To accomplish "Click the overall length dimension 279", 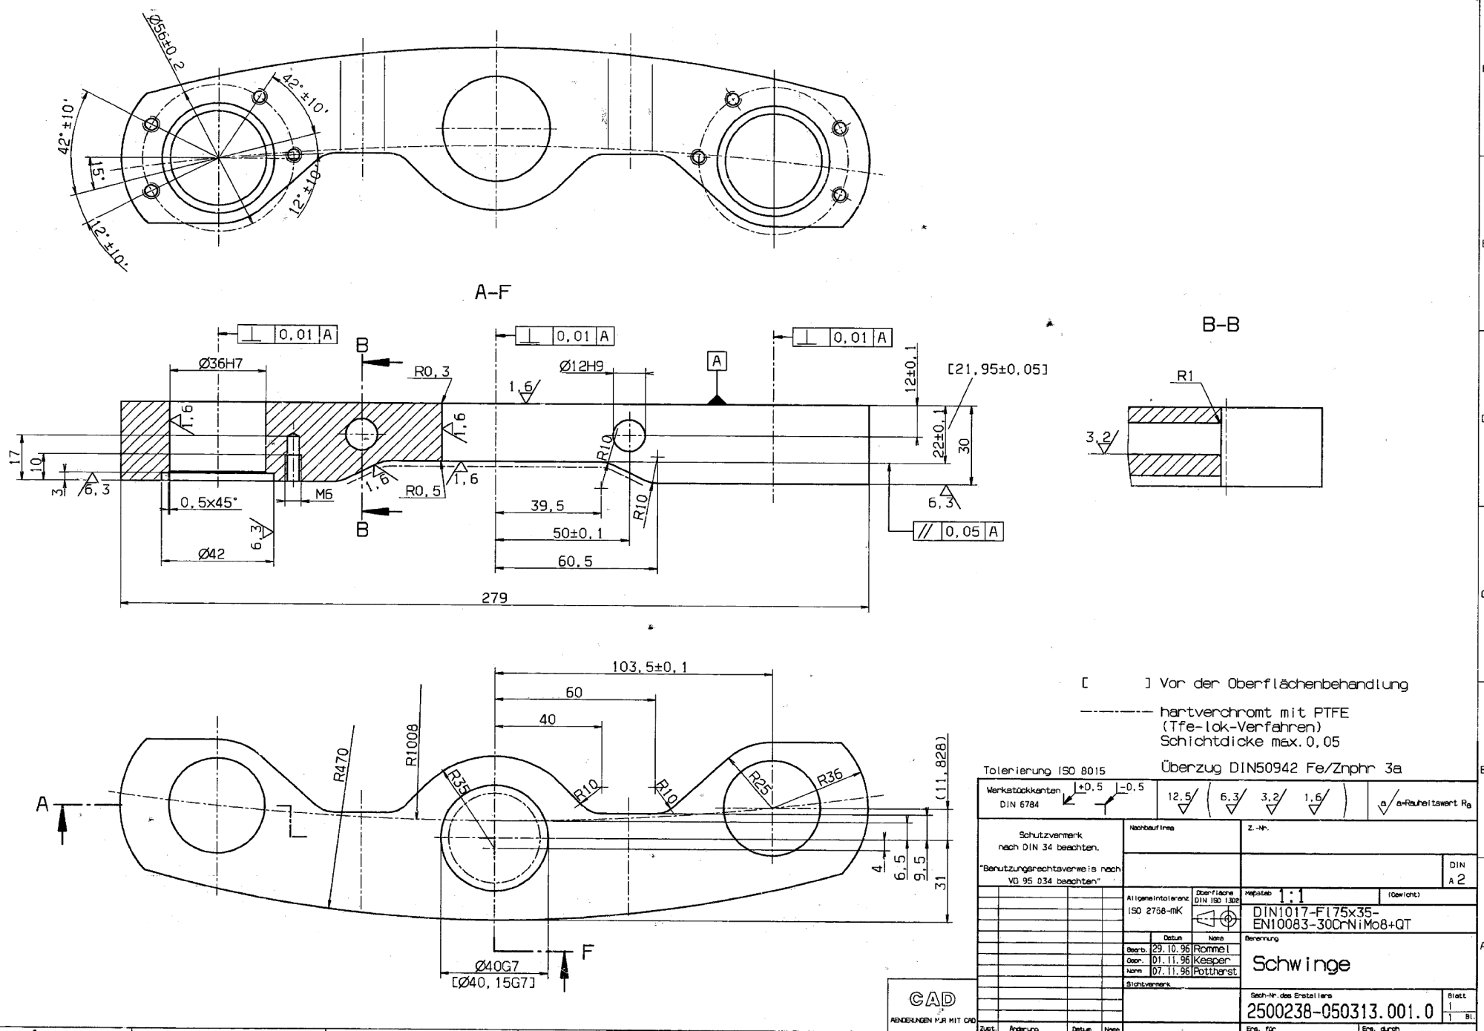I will (x=494, y=597).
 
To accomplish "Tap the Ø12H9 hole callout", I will (x=582, y=366).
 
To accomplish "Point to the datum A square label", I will (x=716, y=361).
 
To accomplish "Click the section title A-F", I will (x=493, y=293).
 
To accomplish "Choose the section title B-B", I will (x=1221, y=325).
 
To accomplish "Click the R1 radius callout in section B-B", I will (x=1185, y=376).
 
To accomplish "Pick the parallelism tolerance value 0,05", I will (x=963, y=532).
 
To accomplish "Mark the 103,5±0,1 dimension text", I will (x=649, y=667).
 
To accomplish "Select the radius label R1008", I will (x=413, y=745).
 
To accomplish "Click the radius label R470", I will (x=340, y=765).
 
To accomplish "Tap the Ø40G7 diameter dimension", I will (x=496, y=966).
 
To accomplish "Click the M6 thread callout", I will (x=324, y=494).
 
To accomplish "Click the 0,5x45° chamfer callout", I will (x=210, y=502).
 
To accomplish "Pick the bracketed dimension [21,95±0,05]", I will (x=997, y=369).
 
